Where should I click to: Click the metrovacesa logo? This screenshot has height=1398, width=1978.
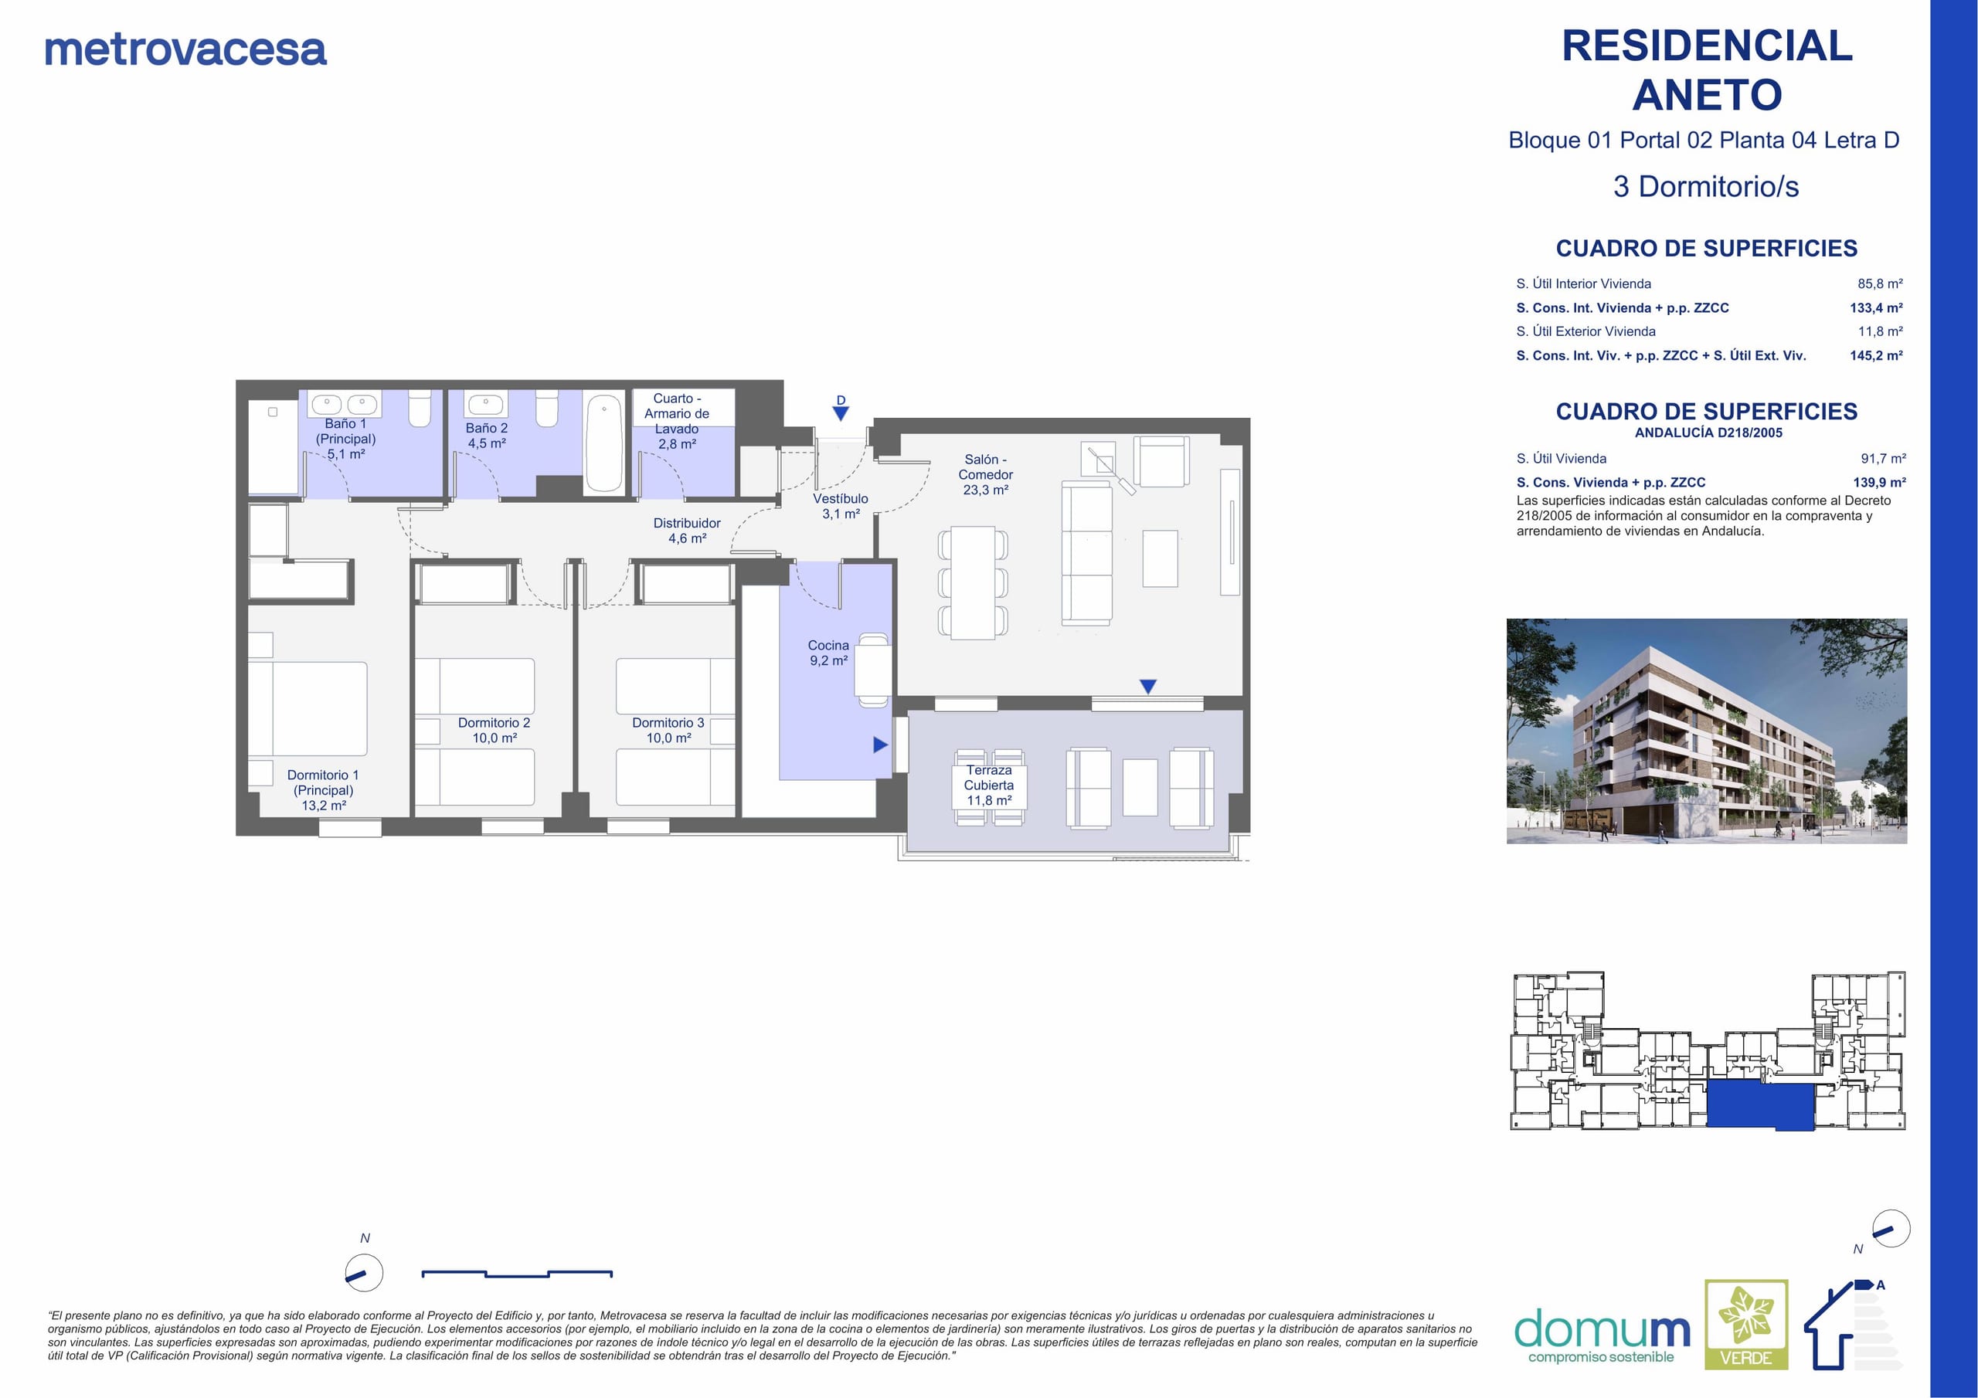(x=185, y=50)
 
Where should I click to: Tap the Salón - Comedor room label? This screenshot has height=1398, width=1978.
(x=986, y=474)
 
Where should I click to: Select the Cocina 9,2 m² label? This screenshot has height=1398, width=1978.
(x=828, y=653)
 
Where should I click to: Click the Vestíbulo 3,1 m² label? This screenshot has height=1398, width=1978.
(x=841, y=507)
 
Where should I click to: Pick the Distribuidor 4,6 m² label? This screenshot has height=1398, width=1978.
(x=687, y=531)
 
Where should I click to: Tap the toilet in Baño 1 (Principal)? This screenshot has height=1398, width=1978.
(x=420, y=409)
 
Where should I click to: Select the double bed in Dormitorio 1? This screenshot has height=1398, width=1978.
(x=308, y=709)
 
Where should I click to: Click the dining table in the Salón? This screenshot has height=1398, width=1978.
(x=973, y=583)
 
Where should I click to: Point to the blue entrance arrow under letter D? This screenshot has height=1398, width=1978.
(x=841, y=413)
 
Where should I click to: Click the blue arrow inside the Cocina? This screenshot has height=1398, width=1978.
(x=879, y=745)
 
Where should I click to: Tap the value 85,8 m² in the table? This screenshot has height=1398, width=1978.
(x=1880, y=283)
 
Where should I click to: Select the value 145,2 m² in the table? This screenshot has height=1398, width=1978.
(x=1876, y=355)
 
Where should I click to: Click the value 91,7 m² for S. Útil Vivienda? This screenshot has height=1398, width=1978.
(x=1883, y=458)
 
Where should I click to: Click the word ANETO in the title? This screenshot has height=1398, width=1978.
(x=1708, y=95)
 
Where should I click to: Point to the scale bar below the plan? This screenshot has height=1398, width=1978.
(x=517, y=1273)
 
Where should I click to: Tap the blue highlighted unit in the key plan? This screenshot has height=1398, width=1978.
(x=1761, y=1106)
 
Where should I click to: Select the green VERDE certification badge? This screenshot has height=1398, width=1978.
(x=1746, y=1325)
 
